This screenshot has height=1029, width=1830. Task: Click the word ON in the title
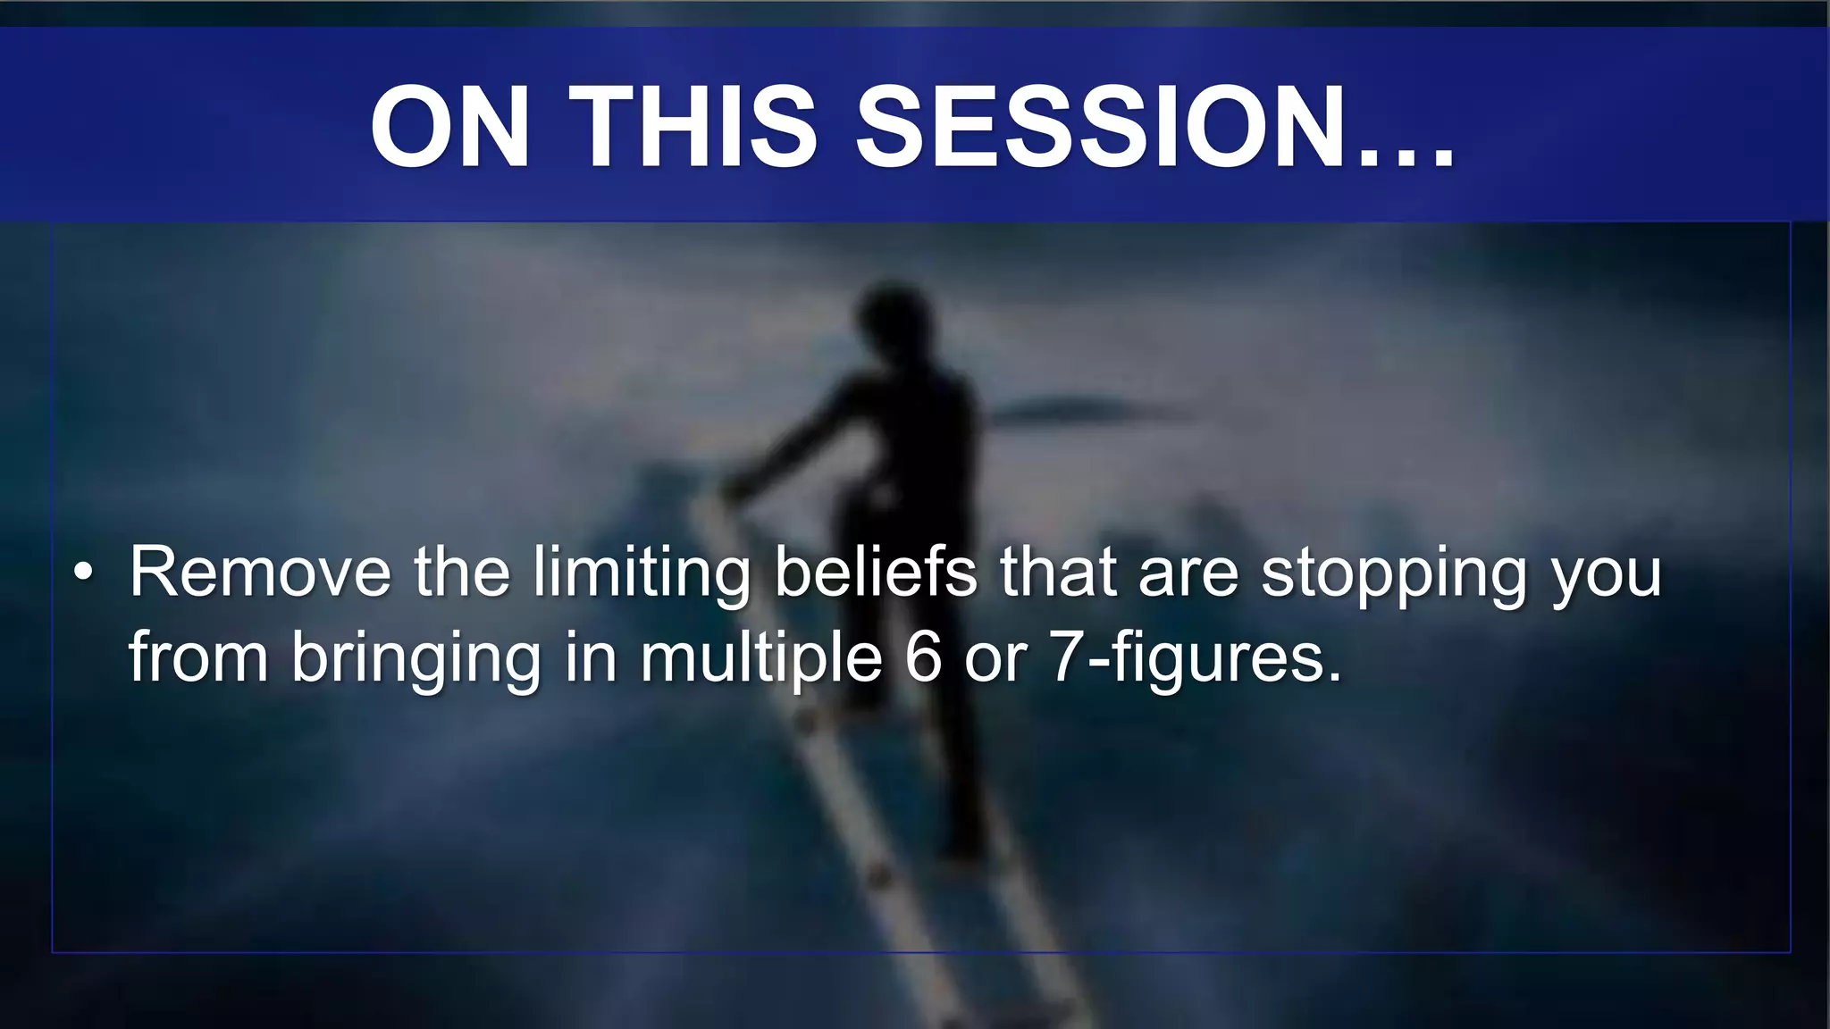[450, 127]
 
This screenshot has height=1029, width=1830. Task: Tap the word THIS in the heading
[693, 127]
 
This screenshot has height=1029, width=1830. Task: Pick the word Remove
[260, 573]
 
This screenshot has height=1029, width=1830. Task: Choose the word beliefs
[875, 573]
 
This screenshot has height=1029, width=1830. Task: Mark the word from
[198, 657]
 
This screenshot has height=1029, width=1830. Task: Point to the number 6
[923, 657]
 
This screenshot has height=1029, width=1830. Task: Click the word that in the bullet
[1058, 573]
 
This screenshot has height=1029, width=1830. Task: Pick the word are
[1188, 576]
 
